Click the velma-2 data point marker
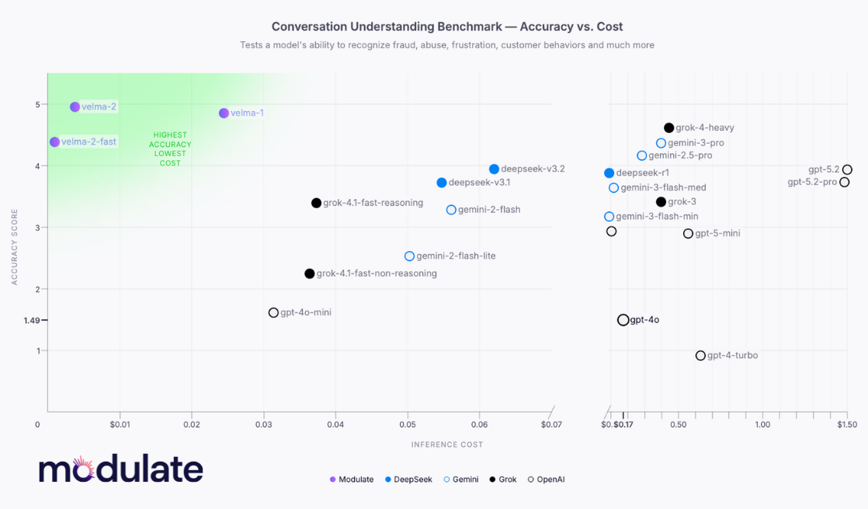click(x=75, y=106)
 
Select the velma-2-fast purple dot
click(x=54, y=141)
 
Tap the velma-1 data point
click(x=224, y=113)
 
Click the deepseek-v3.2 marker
click(x=494, y=169)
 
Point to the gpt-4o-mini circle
click(x=273, y=312)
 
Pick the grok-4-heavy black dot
click(x=668, y=127)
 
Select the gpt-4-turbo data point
click(x=700, y=355)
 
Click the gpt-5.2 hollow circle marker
click(x=847, y=169)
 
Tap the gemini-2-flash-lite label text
click(x=456, y=256)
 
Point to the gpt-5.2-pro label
click(x=812, y=182)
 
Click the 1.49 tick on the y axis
click(x=32, y=320)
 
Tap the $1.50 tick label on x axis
click(x=847, y=424)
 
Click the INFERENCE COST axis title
click(x=447, y=445)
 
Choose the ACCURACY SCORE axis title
click(x=15, y=246)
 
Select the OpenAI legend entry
click(x=546, y=479)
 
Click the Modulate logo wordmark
click(x=121, y=469)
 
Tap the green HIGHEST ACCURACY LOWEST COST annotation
click(x=170, y=148)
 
